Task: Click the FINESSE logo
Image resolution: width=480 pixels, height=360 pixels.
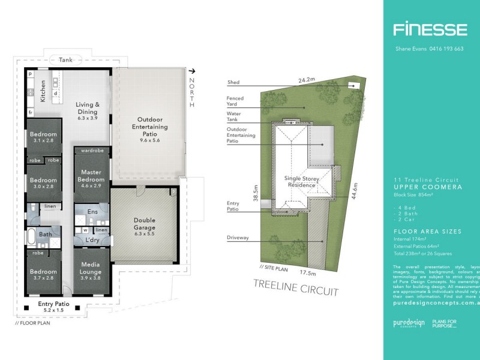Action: click(x=430, y=29)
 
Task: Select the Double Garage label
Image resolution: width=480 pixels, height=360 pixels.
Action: click(x=143, y=224)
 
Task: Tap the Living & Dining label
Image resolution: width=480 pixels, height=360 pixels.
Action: click(x=87, y=108)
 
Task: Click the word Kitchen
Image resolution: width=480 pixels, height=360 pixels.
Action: click(x=43, y=91)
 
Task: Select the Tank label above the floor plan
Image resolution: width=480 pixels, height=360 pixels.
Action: click(x=65, y=60)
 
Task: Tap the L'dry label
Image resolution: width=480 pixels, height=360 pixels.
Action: click(x=91, y=240)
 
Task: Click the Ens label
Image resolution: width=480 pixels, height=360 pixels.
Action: click(x=92, y=212)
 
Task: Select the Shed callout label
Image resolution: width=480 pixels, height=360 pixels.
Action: click(x=233, y=83)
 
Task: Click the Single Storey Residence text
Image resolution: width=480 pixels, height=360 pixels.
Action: click(x=299, y=181)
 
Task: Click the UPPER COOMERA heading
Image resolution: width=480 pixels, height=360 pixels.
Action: click(x=427, y=187)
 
